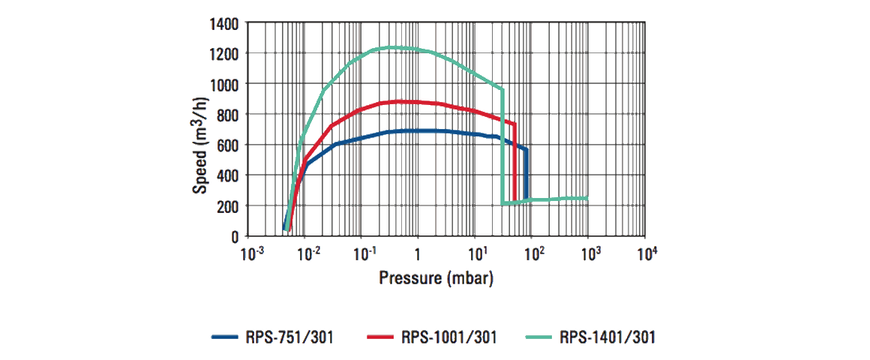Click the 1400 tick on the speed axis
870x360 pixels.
pyautogui.click(x=225, y=23)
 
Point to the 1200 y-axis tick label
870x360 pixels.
pyautogui.click(x=225, y=54)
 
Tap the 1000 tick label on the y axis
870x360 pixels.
pyautogui.click(x=225, y=84)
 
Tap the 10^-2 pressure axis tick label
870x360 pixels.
pyautogui.click(x=308, y=254)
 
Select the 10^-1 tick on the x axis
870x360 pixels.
pyautogui.click(x=364, y=254)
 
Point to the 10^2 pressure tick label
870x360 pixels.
pyautogui.click(x=533, y=254)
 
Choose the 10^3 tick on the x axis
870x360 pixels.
pyautogui.click(x=589, y=254)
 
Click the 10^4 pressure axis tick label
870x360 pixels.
pyautogui.click(x=646, y=254)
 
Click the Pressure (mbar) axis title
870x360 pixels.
pyautogui.click(x=436, y=277)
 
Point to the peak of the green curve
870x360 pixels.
pyautogui.click(x=390, y=47)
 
